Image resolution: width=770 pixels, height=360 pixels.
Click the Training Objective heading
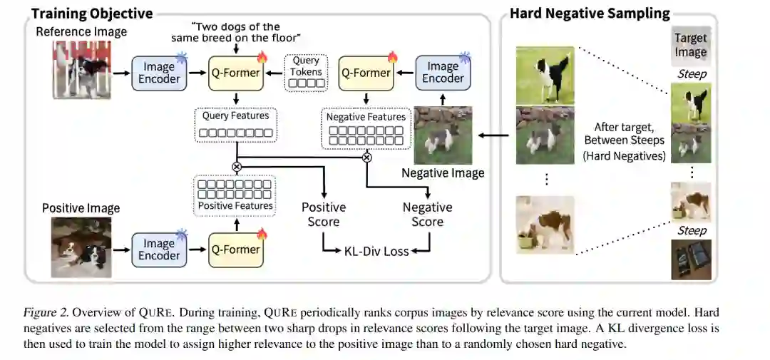click(x=91, y=14)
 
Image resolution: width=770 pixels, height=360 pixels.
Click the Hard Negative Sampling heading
click(x=589, y=14)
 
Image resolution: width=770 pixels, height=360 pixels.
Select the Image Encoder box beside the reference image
click(x=159, y=72)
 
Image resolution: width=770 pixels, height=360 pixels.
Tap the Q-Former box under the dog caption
click(x=235, y=72)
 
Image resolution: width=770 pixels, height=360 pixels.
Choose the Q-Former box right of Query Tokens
click(x=366, y=72)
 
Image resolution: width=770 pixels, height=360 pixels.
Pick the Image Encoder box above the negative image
click(x=442, y=72)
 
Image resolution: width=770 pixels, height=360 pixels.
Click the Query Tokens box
click(x=306, y=72)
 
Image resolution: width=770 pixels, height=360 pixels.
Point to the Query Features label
click(x=235, y=115)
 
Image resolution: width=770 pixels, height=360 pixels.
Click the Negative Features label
click(x=366, y=117)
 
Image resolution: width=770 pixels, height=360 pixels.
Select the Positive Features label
click(x=235, y=205)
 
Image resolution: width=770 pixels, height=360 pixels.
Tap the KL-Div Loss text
click(x=376, y=251)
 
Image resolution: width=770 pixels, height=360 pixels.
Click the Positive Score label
click(x=324, y=215)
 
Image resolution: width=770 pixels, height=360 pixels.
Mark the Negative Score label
click(x=427, y=215)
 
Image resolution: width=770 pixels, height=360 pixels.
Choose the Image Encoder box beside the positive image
click(x=159, y=250)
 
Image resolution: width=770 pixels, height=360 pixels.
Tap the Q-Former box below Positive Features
click(x=235, y=250)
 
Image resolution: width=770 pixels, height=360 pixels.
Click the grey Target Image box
click(x=691, y=46)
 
